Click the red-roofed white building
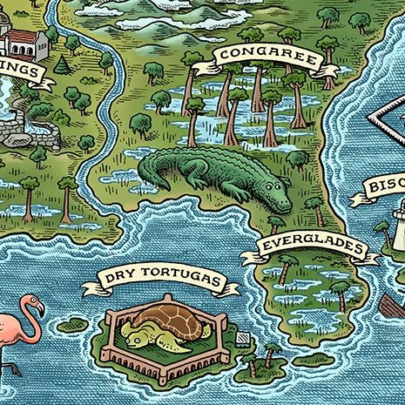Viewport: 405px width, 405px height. click(22, 41)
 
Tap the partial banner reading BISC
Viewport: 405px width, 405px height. click(379, 187)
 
